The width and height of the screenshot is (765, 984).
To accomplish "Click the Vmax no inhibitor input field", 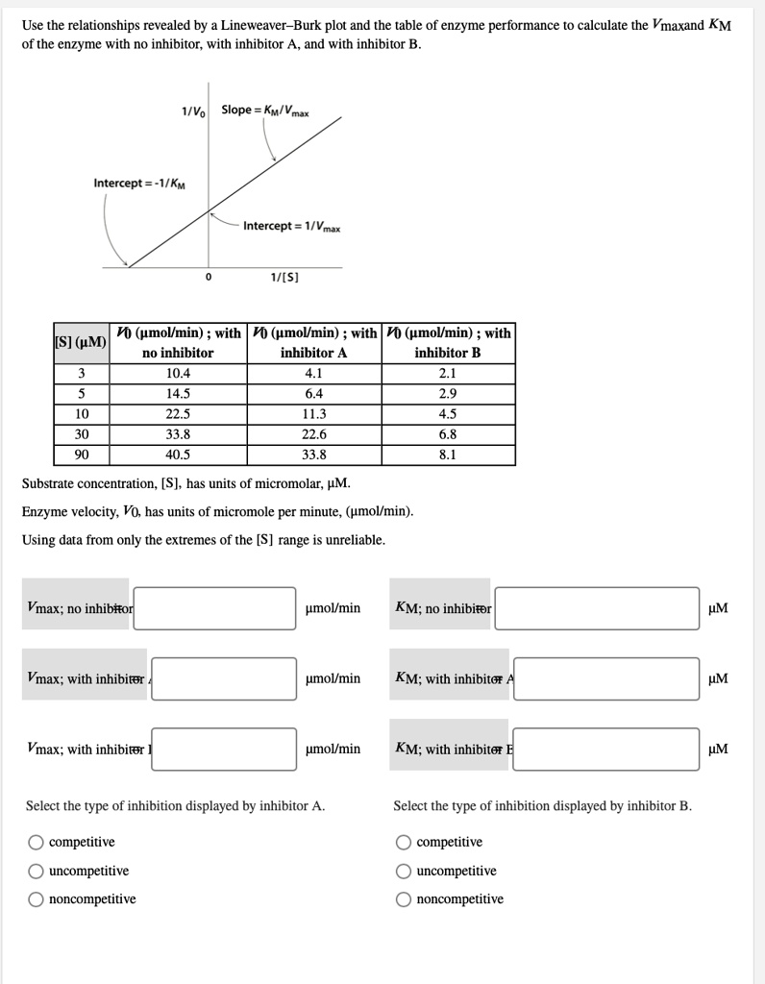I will click(214, 608).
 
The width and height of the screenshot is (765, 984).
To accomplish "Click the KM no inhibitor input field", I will click(596, 608).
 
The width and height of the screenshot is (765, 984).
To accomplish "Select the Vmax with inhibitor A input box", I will click(223, 678).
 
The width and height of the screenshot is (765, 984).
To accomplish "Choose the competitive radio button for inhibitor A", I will click(36, 843).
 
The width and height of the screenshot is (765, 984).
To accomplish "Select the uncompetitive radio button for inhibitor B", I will click(404, 872).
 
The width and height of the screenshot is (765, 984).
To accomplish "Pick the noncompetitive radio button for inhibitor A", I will click(36, 899).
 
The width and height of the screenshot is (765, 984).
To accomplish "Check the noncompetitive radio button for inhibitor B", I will click(404, 899).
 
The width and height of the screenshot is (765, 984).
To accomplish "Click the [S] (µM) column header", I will click(81, 343).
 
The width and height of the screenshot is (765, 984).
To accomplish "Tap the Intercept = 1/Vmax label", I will click(290, 226).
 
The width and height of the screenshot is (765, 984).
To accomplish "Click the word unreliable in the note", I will click(355, 540).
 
